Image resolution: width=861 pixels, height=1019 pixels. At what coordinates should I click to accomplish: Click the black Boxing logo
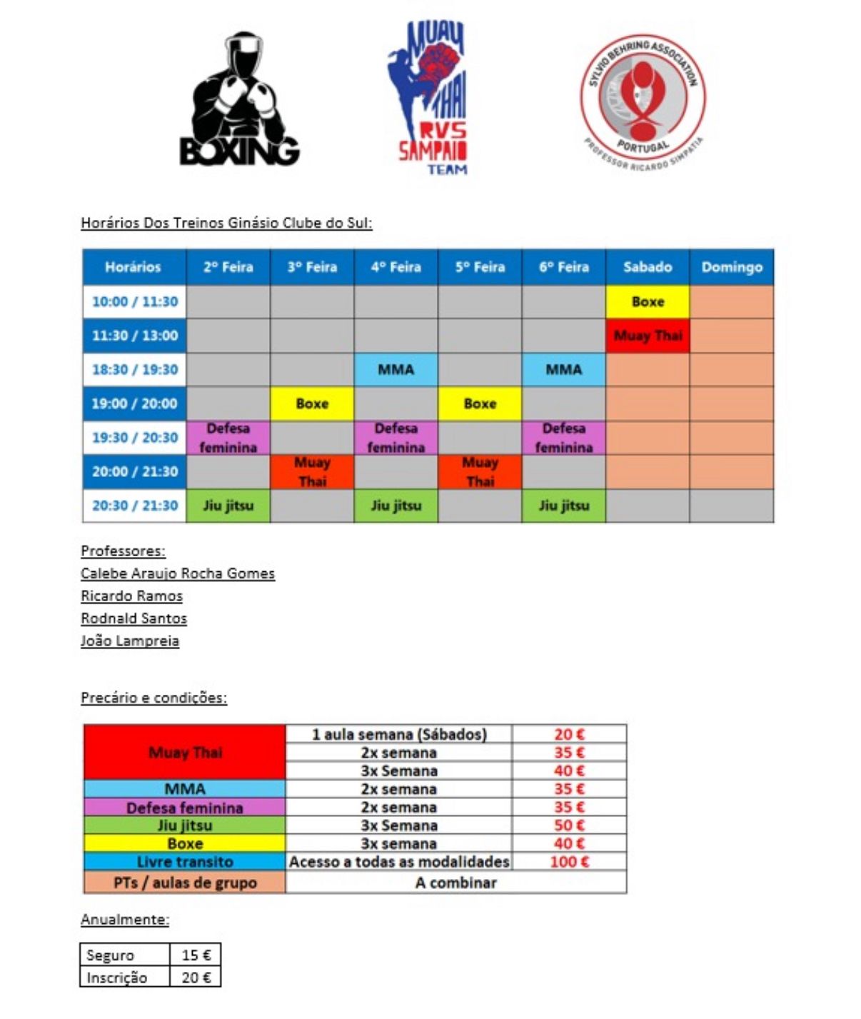[239, 100]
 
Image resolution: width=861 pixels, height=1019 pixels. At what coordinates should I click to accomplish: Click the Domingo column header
[732, 267]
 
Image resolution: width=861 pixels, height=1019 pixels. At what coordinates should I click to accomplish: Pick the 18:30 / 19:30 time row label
[135, 369]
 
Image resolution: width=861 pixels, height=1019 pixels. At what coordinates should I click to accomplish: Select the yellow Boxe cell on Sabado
[648, 301]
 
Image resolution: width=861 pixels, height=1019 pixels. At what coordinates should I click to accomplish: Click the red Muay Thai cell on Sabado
[648, 336]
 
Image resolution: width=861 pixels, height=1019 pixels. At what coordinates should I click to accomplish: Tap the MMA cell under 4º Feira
[396, 369]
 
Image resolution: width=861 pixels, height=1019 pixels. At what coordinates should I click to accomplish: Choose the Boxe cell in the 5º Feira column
[480, 403]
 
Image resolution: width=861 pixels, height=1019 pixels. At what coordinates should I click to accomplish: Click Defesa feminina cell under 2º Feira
[228, 438]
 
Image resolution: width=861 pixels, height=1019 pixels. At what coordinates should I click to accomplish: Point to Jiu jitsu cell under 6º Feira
[564, 506]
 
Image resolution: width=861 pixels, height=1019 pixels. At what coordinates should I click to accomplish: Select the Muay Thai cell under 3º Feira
[312, 472]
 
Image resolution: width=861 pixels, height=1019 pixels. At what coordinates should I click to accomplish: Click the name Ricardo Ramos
[131, 596]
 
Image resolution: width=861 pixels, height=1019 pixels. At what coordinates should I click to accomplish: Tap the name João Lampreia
[129, 641]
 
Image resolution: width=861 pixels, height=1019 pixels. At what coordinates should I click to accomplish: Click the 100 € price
[569, 861]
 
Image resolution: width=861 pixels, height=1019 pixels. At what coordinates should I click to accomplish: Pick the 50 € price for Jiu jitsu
[569, 825]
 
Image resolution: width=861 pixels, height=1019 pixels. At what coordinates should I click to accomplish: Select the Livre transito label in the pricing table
[185, 861]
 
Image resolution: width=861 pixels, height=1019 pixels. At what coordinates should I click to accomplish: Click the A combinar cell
[455, 883]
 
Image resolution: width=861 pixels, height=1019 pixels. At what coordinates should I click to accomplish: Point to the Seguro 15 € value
[196, 955]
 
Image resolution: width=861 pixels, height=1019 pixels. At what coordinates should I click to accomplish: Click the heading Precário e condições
[153, 698]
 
